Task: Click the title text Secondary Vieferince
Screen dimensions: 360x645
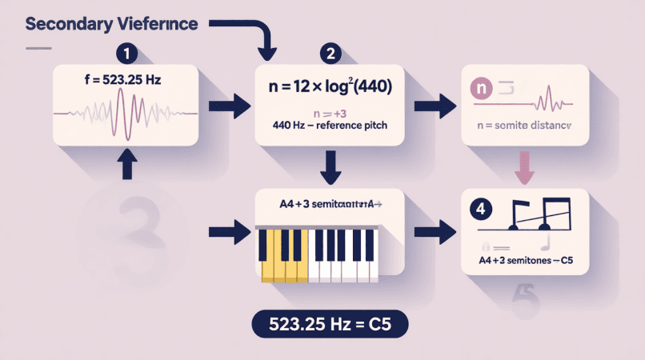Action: point(112,23)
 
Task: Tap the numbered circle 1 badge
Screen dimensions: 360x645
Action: point(126,54)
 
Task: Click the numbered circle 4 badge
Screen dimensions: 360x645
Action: point(479,210)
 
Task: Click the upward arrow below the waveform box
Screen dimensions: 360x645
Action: point(125,163)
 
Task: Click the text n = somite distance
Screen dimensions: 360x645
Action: point(524,126)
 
